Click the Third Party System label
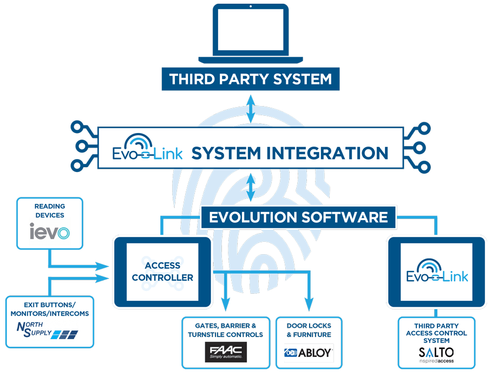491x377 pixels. click(x=250, y=80)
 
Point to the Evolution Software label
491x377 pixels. click(x=298, y=217)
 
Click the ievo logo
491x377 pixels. click(x=49, y=233)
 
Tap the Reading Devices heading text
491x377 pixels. click(x=49, y=210)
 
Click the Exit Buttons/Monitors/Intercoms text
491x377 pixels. click(x=49, y=309)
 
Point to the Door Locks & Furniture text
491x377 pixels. click(x=309, y=330)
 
